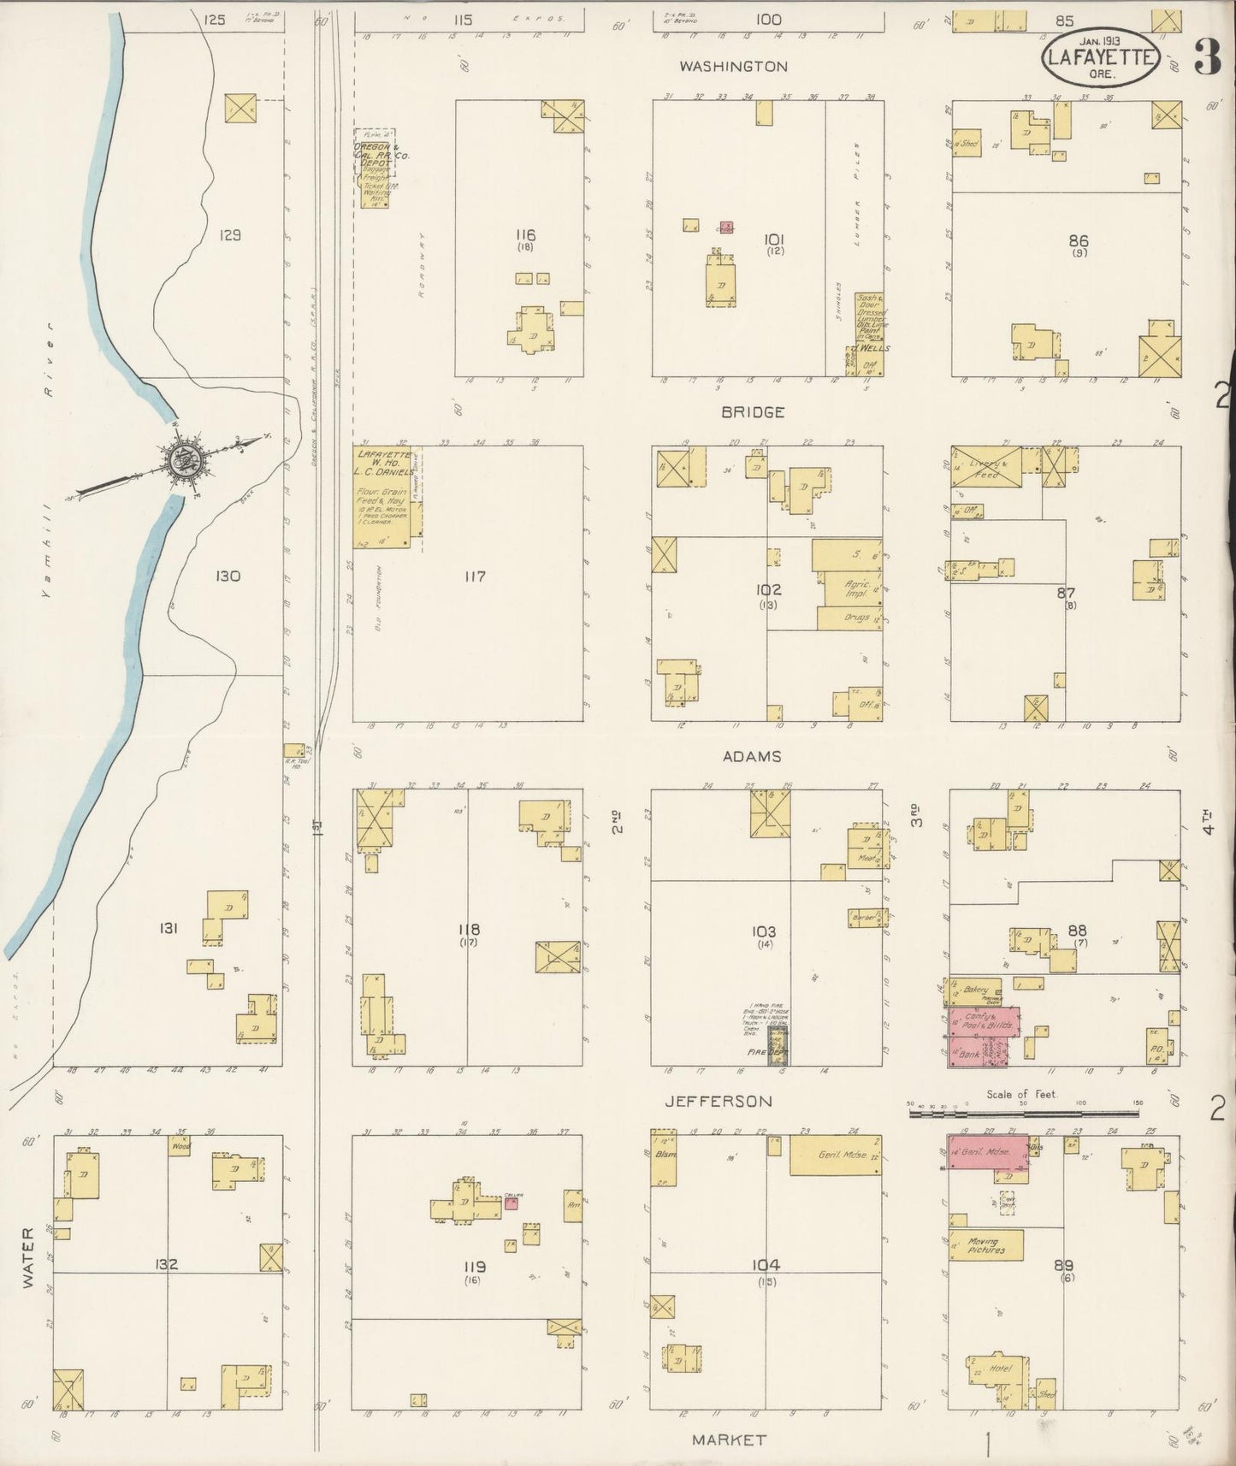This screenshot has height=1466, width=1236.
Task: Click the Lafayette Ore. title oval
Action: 1100,57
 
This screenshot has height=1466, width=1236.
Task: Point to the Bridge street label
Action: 753,412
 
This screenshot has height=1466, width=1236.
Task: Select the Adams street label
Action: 752,756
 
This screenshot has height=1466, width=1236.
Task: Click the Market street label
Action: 729,1439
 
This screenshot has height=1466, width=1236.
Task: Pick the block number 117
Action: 475,576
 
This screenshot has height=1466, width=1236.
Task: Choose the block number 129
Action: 229,234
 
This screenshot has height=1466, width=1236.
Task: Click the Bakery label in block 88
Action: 975,989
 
